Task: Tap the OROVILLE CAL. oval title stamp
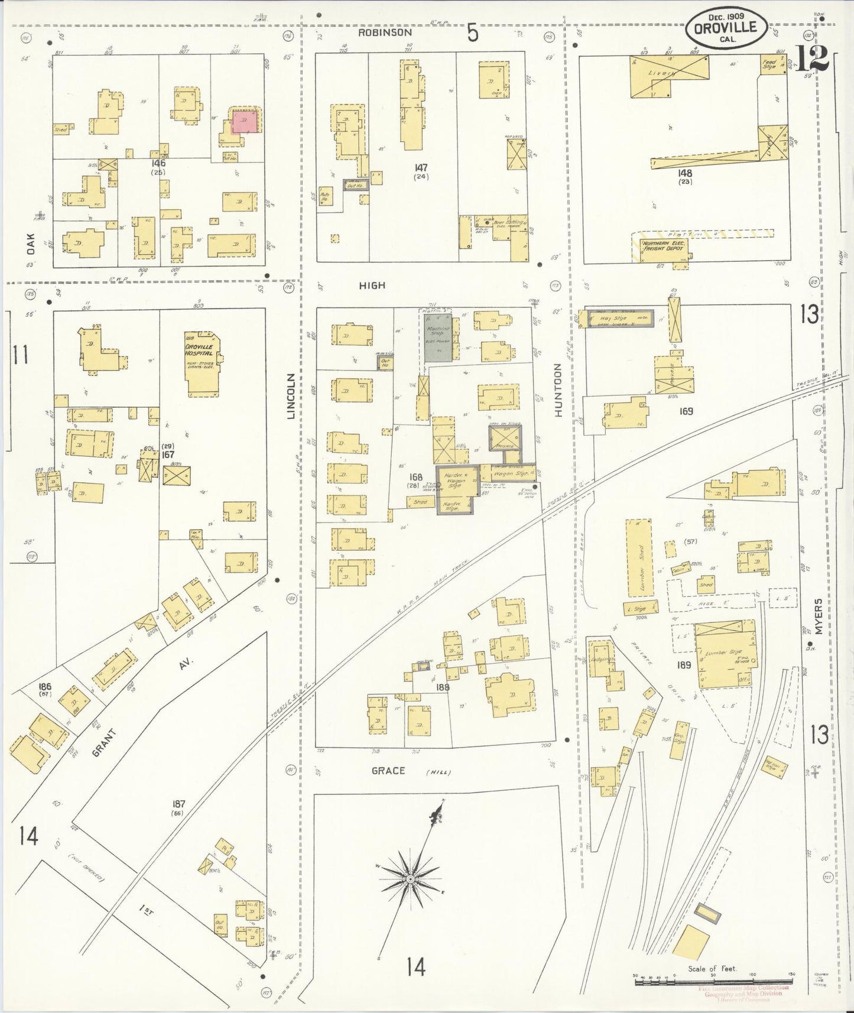point(728,27)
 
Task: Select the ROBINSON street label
point(385,33)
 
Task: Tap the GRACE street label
point(388,771)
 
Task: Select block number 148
point(686,174)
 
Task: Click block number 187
point(179,804)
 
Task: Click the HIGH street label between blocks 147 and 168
point(372,285)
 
